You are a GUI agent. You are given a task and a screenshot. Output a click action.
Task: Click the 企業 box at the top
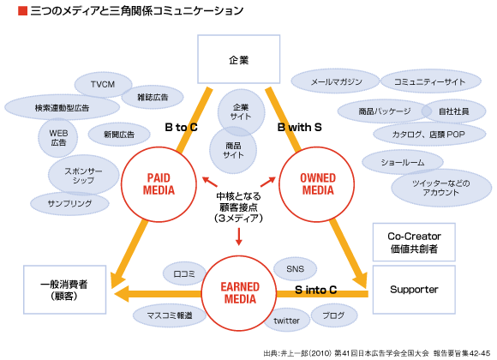pyautogui.click(x=239, y=60)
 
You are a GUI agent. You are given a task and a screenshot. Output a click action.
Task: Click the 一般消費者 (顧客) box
pyautogui.click(x=64, y=289)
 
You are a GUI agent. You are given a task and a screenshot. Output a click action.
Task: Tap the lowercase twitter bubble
pyautogui.click(x=286, y=321)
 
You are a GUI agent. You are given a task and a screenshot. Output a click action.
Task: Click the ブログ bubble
pyautogui.click(x=333, y=314)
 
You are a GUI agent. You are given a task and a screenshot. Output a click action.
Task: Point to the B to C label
pyautogui.click(x=182, y=128)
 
